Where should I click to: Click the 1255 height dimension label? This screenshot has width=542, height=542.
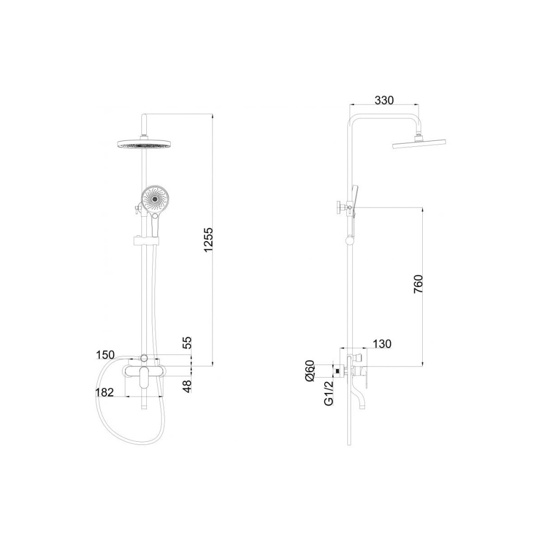[x=209, y=240]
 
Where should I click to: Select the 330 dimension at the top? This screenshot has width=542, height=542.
[x=384, y=100]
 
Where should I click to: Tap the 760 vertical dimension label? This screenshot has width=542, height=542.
[x=418, y=285]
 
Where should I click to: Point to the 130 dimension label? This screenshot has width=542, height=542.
[x=382, y=344]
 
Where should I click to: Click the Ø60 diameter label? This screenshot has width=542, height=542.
[x=309, y=371]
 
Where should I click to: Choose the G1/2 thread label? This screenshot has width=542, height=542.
[x=328, y=392]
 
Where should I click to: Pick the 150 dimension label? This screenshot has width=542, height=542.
[x=105, y=354]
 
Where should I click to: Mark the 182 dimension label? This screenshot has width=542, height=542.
[x=105, y=392]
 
